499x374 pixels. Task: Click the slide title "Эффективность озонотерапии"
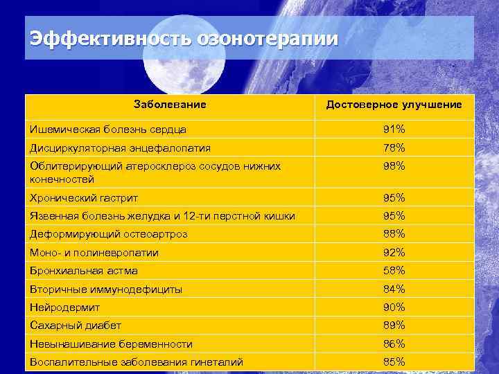[x=184, y=38]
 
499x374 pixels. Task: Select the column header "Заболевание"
[x=170, y=105]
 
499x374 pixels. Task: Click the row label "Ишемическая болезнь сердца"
[x=107, y=130]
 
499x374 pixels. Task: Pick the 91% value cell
[x=394, y=130]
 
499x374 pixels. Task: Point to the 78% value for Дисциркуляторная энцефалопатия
[x=394, y=148]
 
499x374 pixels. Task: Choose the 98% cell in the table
[x=394, y=166]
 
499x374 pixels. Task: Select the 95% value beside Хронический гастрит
[x=394, y=198]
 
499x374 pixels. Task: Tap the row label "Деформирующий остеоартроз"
[x=108, y=234]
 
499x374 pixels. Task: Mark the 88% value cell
[x=394, y=234]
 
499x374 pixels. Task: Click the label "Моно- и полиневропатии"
[x=94, y=253]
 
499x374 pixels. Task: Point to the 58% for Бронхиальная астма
[x=394, y=271]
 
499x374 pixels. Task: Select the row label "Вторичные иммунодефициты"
[x=106, y=290]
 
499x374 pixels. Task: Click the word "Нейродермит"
[x=64, y=308]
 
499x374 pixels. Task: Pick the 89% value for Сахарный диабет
[x=394, y=326]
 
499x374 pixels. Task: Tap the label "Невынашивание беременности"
[x=111, y=344]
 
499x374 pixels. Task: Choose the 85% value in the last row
[x=394, y=362]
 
